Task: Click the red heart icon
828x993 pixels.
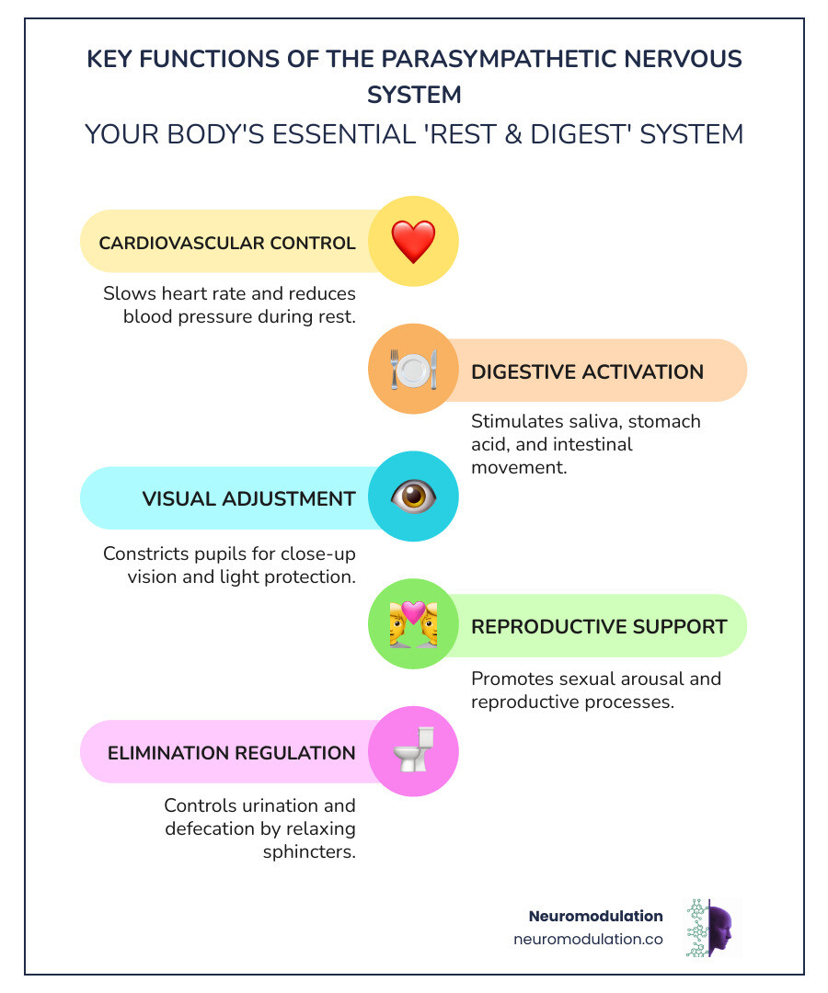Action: click(x=413, y=242)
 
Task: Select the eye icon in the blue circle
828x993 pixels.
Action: click(x=413, y=497)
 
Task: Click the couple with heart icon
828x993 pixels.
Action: click(x=413, y=625)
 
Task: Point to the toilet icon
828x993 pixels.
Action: click(x=413, y=751)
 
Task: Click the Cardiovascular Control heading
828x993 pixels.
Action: click(x=227, y=243)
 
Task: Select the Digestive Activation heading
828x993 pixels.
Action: click(x=587, y=371)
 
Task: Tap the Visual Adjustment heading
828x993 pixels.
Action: click(x=248, y=498)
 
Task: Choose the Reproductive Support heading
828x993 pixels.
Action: click(x=599, y=626)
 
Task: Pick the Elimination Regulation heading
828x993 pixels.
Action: click(x=232, y=753)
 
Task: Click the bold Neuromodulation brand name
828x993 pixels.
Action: click(x=595, y=916)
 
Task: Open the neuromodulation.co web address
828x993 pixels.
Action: click(x=588, y=940)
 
